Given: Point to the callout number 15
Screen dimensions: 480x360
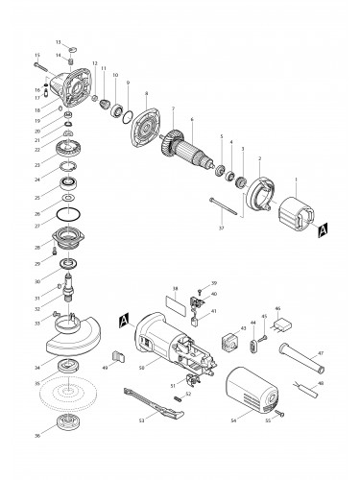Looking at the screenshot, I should (36, 56).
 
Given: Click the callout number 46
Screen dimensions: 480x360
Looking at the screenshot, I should (277, 309).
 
